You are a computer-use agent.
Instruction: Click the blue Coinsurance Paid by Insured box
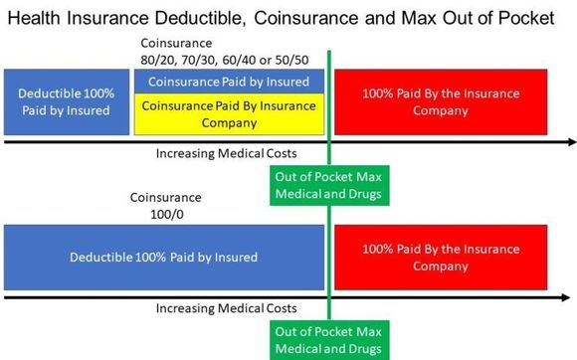[229, 82]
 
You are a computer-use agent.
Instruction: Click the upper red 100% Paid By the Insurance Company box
[440, 102]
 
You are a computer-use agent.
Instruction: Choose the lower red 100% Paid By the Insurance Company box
[440, 258]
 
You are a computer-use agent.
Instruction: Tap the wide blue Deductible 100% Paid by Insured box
[163, 258]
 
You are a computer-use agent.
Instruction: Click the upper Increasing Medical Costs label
[227, 154]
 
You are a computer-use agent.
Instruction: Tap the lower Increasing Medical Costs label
[227, 308]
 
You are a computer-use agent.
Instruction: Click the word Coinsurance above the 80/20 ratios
[179, 43]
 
